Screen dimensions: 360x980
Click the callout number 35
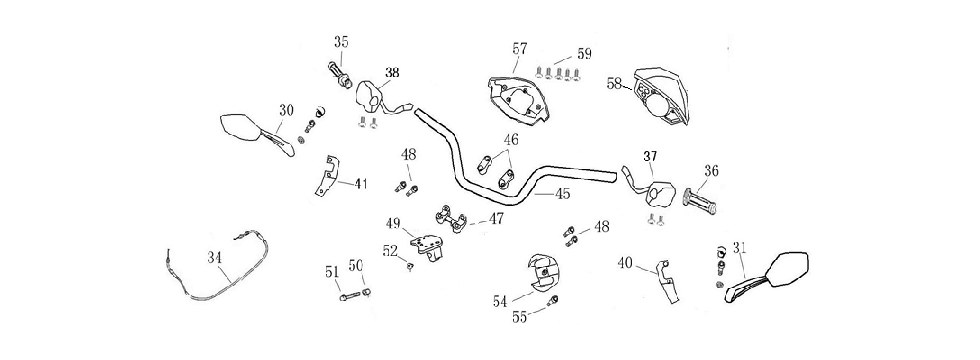[341, 42]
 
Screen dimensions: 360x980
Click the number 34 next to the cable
[214, 258]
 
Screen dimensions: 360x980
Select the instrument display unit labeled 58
[660, 96]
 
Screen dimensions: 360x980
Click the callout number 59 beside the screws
[584, 53]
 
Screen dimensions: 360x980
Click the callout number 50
[355, 266]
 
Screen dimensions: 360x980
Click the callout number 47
[496, 219]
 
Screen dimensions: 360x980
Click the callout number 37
[650, 157]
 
